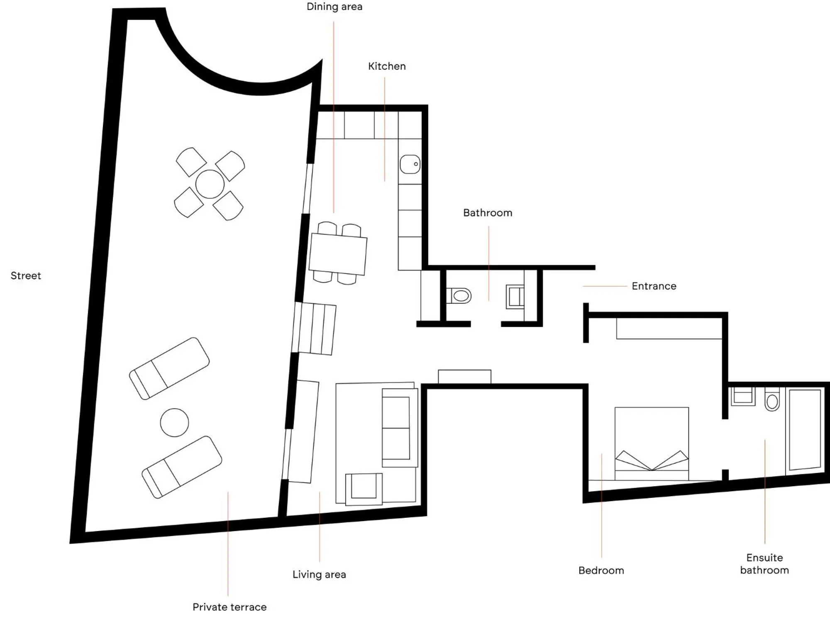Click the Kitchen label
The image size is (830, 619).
click(386, 66)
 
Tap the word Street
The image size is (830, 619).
click(26, 276)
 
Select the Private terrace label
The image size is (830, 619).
click(229, 607)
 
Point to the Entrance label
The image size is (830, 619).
click(654, 286)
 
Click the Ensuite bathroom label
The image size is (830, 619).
click(764, 564)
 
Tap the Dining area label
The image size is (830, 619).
click(334, 7)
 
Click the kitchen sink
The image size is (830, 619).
click(410, 164)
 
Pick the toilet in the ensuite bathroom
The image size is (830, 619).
click(772, 400)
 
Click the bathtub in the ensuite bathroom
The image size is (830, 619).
click(805, 429)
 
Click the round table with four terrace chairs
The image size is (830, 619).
click(210, 184)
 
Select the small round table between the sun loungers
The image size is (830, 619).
click(174, 422)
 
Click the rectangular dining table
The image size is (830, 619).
click(338, 253)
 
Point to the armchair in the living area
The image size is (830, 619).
click(364, 488)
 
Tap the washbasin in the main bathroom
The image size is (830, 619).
click(515, 296)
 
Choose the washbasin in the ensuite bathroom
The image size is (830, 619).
click(743, 396)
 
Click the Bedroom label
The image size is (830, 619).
click(601, 570)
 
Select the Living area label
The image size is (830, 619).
click(319, 575)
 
